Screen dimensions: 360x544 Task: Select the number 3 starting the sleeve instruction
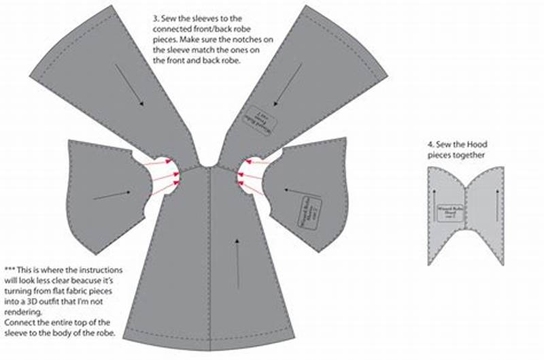[x=156, y=12]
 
